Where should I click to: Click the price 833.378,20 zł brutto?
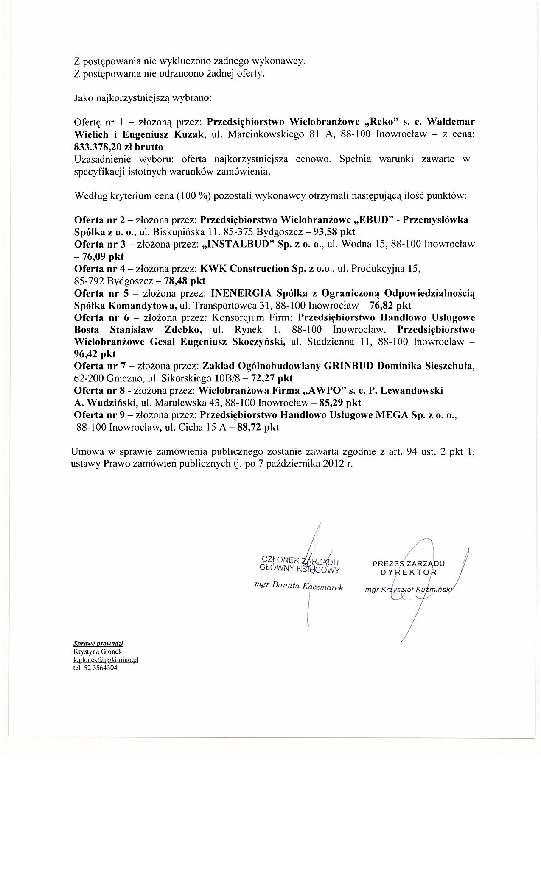[118, 147]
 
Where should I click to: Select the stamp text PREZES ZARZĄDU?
[408, 564]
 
